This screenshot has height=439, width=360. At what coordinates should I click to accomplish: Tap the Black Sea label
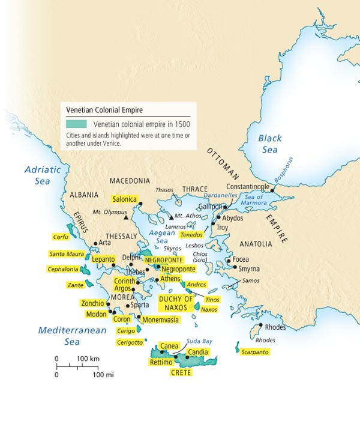coord(269,144)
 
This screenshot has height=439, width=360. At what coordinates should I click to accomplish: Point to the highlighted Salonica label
coord(125,199)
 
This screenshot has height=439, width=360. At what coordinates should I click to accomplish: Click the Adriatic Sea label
coord(43,175)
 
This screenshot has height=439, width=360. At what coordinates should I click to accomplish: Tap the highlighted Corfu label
coord(61,237)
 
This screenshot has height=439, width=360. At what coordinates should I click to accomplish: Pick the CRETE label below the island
coord(181,373)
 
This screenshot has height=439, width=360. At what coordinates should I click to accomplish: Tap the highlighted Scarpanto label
coord(254,352)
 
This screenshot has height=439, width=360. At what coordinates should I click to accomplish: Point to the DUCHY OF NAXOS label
coord(176,303)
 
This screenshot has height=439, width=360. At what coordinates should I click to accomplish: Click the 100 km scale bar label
coord(88,359)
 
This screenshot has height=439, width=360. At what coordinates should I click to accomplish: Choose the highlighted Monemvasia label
coord(160,320)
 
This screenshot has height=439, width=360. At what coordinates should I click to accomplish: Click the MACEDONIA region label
coord(130,181)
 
